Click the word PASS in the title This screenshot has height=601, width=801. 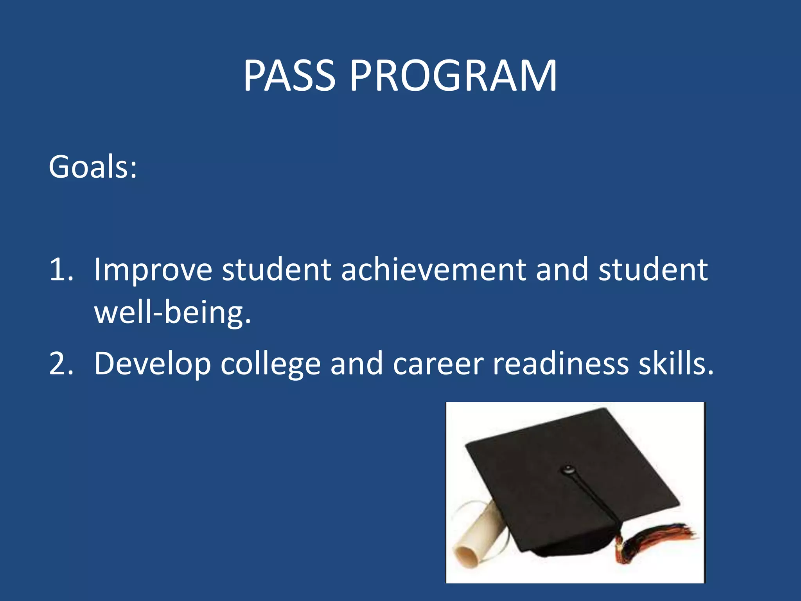tap(289, 76)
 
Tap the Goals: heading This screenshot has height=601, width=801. tap(93, 167)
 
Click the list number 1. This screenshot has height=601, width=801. tap(61, 270)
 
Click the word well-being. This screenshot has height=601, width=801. tap(172, 313)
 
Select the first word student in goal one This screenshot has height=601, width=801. tap(277, 270)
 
